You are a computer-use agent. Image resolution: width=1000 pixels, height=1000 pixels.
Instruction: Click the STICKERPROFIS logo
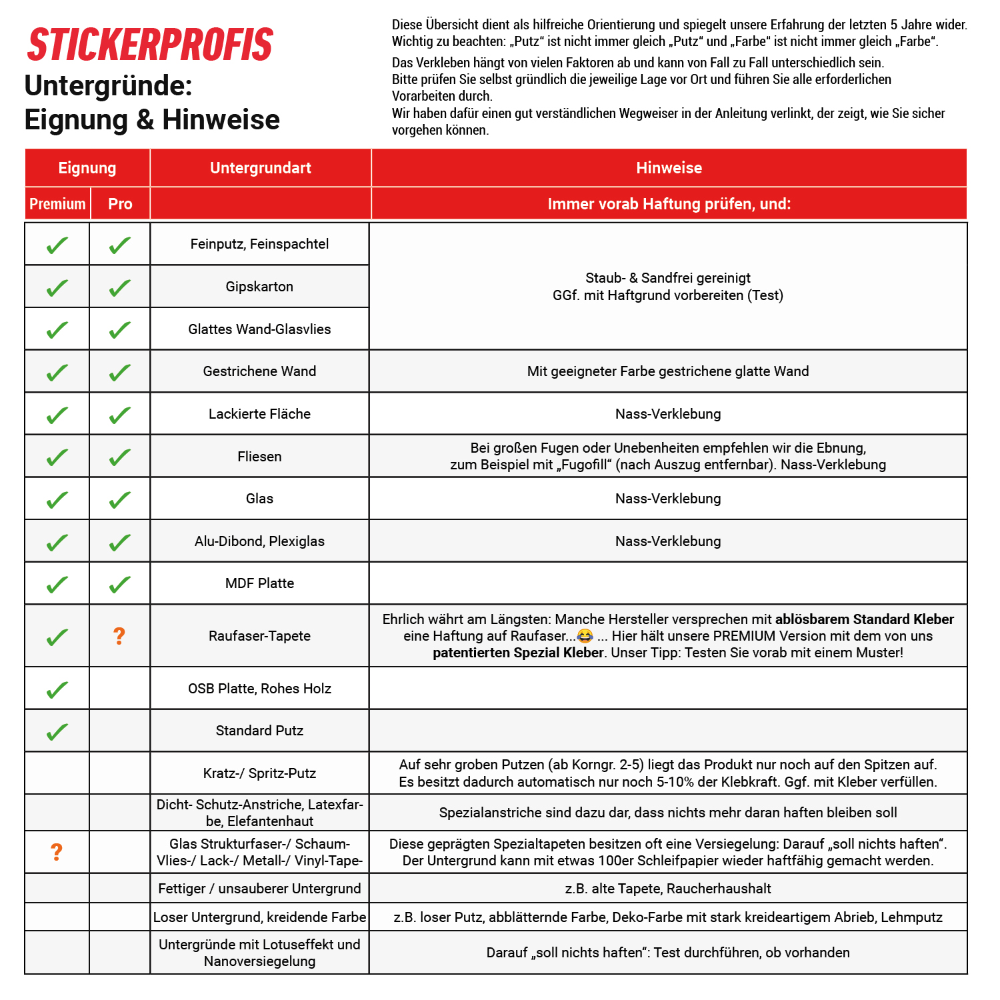pos(150,45)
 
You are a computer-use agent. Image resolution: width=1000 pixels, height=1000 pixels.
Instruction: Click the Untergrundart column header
pos(260,168)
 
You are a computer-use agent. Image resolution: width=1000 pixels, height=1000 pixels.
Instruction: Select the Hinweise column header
pos(669,168)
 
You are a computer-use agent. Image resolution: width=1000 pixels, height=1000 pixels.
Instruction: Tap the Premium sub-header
pos(57,204)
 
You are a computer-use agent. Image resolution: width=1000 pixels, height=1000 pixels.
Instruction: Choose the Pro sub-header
pos(120,204)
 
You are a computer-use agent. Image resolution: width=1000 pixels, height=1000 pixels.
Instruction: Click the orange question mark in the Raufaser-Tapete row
pos(119,636)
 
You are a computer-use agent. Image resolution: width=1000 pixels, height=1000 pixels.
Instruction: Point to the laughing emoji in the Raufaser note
pos(585,636)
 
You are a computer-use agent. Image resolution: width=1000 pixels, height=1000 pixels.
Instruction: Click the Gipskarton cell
pos(259,287)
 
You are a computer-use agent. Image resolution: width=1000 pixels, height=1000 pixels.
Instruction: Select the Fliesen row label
pos(259,457)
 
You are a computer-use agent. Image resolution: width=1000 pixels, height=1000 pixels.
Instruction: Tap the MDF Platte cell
pos(259,583)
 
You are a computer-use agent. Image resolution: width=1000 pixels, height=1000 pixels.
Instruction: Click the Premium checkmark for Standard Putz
pos(57,731)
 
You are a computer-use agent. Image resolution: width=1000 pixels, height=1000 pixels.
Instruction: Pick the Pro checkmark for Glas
pos(119,499)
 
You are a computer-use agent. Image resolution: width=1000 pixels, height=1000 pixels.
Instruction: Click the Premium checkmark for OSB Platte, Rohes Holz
pos(57,689)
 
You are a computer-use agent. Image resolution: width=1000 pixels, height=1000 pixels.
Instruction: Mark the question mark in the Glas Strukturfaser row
pos(57,852)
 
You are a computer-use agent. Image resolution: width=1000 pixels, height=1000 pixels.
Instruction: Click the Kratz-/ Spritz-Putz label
pos(259,773)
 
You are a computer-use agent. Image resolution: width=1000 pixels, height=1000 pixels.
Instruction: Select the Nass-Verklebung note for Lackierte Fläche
pos(668,414)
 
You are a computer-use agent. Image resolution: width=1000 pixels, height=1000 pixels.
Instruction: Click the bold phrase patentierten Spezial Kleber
pos(518,653)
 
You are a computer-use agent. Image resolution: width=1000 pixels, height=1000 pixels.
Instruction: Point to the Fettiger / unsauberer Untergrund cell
pos(259,889)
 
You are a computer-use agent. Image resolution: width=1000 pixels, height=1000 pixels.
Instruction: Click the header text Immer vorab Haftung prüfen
pos(669,204)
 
